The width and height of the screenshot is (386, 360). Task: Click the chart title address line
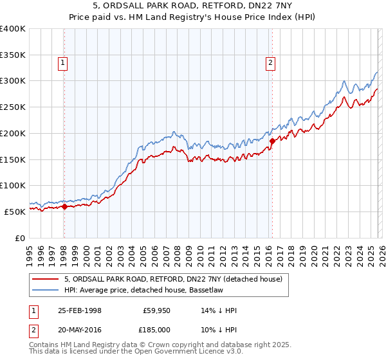click(x=192, y=5)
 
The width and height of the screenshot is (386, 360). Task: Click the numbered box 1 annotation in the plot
click(x=63, y=62)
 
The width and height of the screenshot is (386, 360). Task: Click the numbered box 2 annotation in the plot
click(x=270, y=62)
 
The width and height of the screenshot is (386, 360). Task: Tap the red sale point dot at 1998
click(x=64, y=206)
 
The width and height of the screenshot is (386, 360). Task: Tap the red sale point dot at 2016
click(x=272, y=141)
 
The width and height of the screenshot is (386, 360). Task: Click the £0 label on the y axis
click(x=19, y=238)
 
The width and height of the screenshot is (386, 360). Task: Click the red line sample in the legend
click(x=44, y=279)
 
